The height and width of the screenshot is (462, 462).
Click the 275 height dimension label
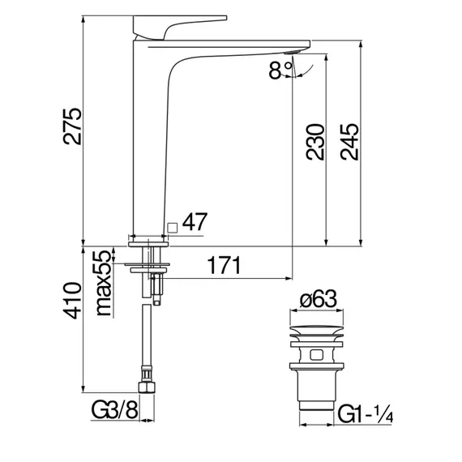72,125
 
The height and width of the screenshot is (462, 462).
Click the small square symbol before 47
172,226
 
